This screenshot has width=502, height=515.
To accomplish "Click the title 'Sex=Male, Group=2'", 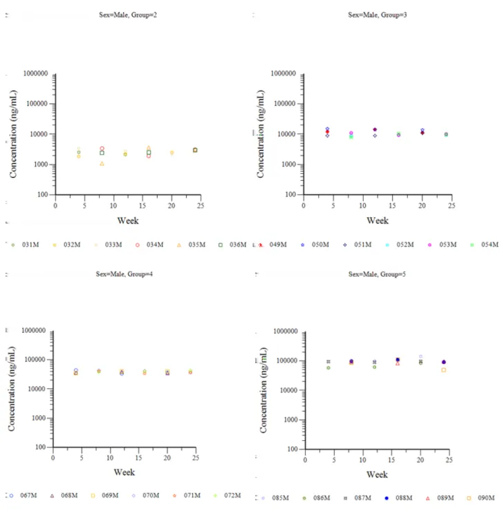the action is pyautogui.click(x=128, y=15).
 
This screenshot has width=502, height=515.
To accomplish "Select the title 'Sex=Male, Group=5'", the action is pyautogui.click(x=377, y=274).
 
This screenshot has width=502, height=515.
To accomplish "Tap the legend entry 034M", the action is pyautogui.click(x=149, y=244).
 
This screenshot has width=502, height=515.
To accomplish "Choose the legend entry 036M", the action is pyautogui.click(x=232, y=244).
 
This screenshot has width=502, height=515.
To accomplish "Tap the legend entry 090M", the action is pyautogui.click(x=481, y=498).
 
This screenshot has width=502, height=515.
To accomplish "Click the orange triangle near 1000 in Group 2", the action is pyautogui.click(x=102, y=163).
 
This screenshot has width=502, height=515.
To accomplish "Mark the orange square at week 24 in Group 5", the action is pyautogui.click(x=444, y=370).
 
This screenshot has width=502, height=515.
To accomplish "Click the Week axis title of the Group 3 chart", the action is pyautogui.click(x=378, y=220).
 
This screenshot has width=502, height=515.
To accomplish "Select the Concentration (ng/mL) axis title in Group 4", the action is pyautogui.click(x=12, y=388).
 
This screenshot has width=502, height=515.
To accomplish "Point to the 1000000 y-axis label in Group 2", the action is pyautogui.click(x=35, y=73).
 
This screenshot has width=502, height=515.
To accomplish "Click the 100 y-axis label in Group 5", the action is pyautogui.click(x=292, y=449).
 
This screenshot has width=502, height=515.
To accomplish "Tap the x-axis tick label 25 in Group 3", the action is pyautogui.click(x=452, y=206).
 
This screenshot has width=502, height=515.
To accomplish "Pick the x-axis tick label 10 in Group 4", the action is pyautogui.click(x=110, y=458).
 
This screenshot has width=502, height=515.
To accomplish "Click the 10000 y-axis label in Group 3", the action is pyautogui.click(x=286, y=134).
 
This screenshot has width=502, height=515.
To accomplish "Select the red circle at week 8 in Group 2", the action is pyautogui.click(x=102, y=148).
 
